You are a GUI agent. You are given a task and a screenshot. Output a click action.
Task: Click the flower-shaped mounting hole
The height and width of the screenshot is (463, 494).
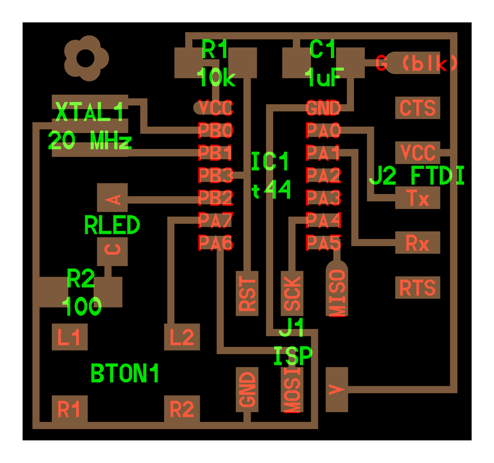pos(86,58)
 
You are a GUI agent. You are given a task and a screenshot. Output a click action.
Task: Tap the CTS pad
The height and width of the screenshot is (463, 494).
pos(418,108)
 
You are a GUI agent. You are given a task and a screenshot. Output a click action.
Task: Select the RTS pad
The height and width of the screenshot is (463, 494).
pos(418,287)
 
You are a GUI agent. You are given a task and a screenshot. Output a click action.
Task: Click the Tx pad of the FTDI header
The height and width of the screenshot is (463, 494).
pos(418,198)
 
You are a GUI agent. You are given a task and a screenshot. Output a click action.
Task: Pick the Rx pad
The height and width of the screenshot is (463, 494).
pos(418,243)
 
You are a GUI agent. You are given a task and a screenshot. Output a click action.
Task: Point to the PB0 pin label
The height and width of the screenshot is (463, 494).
pos(216,130)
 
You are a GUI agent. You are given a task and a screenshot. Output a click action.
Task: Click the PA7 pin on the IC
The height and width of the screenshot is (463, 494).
pos(216,220)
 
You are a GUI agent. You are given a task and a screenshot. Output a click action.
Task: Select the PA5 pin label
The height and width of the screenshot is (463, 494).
pos(324,242)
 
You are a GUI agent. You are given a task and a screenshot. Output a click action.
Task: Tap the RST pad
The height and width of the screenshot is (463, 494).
pos(248,294)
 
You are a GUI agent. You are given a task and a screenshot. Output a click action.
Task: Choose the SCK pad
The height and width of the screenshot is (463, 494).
pos(292,294)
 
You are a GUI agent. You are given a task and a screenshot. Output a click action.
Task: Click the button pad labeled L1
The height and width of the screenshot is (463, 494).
pos(69,338)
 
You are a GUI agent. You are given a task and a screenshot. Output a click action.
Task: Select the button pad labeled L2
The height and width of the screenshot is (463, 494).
pos(182,338)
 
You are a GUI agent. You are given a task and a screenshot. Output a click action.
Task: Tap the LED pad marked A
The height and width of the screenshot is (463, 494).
pos(112,198)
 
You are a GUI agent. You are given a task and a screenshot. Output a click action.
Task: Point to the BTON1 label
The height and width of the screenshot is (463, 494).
pos(125,373)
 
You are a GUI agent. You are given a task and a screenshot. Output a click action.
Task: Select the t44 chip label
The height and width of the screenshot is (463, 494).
pos(272,191)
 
